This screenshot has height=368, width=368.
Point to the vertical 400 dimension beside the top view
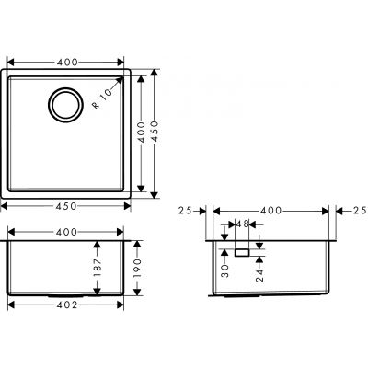143,132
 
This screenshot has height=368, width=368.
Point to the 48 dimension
242,224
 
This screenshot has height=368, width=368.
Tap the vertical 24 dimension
260,272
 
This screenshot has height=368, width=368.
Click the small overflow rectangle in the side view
242,250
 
